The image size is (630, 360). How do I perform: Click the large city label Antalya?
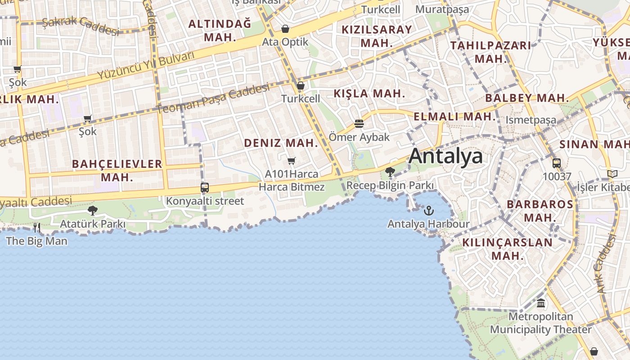point(445,156)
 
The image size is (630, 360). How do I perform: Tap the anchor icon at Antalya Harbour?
point(429,211)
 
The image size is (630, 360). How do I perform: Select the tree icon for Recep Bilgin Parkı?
point(390,172)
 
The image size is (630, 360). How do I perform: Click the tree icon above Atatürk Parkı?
point(93,210)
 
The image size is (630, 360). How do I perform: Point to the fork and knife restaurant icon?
point(37,228)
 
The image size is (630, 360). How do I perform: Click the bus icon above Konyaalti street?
point(205,188)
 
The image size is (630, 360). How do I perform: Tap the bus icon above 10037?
point(557,163)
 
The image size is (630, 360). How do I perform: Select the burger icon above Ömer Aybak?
point(359,123)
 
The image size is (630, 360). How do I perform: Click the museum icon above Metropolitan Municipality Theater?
point(541,303)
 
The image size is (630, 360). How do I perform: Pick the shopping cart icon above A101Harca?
point(292,161)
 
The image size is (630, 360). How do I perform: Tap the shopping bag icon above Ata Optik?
point(285,29)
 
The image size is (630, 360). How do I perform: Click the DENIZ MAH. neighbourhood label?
point(281,143)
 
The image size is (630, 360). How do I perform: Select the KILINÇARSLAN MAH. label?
point(507,249)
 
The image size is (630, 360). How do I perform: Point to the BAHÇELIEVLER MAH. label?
point(117,170)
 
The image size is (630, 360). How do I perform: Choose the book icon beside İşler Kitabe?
point(612,174)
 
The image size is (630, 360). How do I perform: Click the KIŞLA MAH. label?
point(369,94)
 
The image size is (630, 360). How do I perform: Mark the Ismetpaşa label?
point(531,120)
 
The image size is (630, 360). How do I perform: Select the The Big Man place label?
point(37,241)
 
